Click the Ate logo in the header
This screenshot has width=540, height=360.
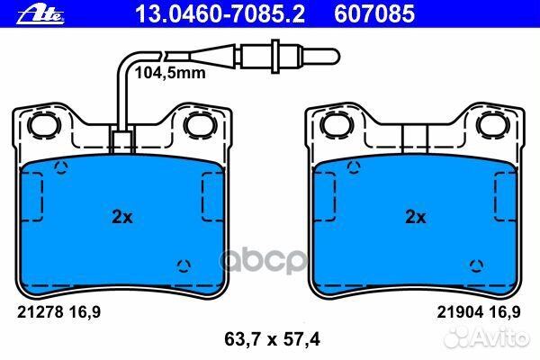pos(40,14)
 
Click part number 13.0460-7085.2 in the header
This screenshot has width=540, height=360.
pos(220,14)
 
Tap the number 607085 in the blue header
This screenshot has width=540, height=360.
pos(374,14)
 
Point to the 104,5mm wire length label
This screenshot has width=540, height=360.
pos(170,73)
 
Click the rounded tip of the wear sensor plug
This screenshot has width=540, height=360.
pos(335,56)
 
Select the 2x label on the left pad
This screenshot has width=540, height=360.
pos(121,217)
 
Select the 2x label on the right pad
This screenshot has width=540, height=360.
pos(415,217)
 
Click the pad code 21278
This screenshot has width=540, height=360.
pos(40,312)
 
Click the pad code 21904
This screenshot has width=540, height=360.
pos(460,312)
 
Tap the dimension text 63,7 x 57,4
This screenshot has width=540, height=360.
pos(272,339)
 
